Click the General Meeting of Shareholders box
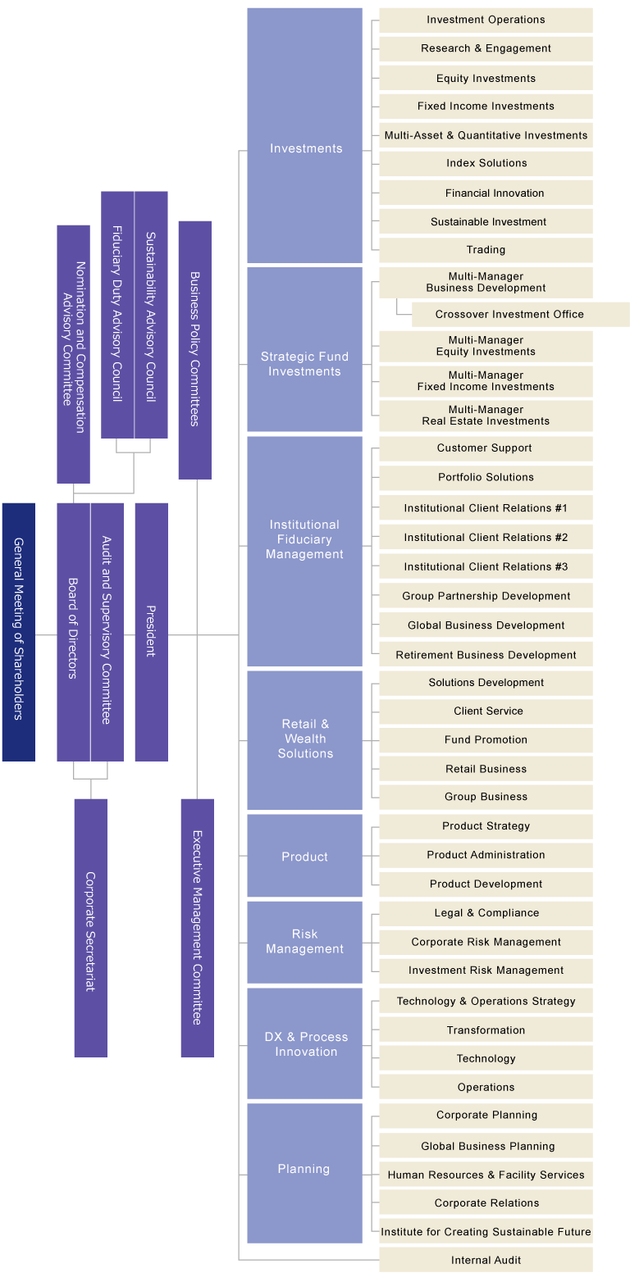click(x=18, y=631)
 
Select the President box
click(x=151, y=631)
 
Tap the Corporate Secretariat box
click(x=90, y=927)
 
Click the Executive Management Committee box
click(x=197, y=927)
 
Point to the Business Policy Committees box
click(x=194, y=349)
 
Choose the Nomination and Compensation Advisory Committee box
click(x=73, y=353)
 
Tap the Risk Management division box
click(x=304, y=942)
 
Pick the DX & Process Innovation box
click(x=304, y=1043)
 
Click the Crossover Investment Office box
click(x=520, y=314)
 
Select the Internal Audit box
click(x=486, y=1260)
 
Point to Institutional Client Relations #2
click(x=486, y=538)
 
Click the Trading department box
click(x=486, y=250)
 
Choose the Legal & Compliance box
click(x=486, y=913)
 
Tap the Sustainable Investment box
click(x=486, y=221)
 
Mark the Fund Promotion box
click(x=486, y=739)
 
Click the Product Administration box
click(x=486, y=855)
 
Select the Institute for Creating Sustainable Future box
click(x=486, y=1231)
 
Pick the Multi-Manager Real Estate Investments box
click(x=486, y=416)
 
